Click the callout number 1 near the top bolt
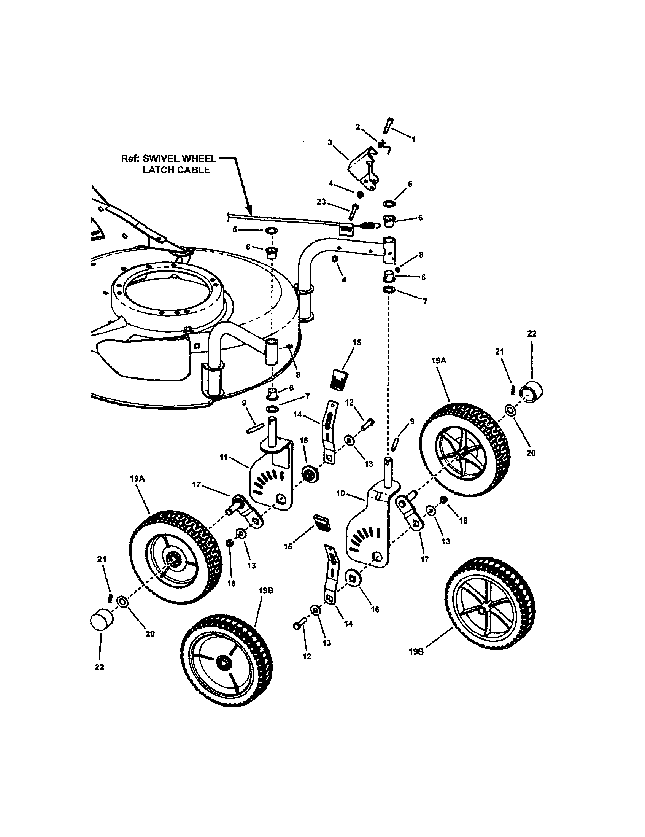[x=413, y=140]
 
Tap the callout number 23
[x=321, y=202]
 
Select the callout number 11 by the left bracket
[x=224, y=457]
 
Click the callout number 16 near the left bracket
[x=303, y=440]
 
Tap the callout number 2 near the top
[x=358, y=127]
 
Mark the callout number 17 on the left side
[x=197, y=485]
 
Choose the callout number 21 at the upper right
[x=499, y=352]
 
